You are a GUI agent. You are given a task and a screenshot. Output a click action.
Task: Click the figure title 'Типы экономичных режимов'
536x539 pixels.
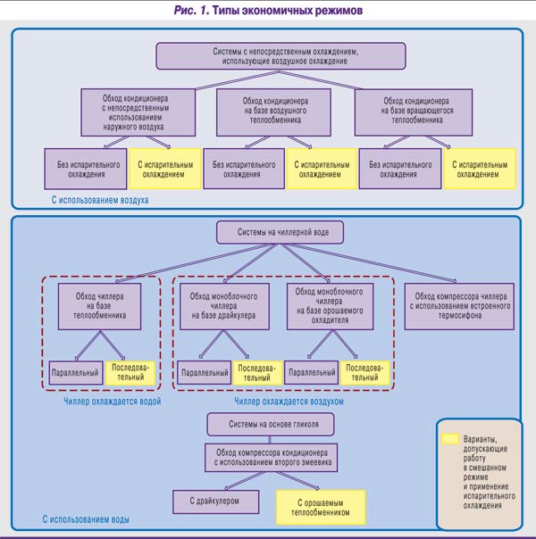point(268,12)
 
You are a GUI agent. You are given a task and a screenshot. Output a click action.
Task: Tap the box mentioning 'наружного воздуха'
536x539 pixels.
point(137,112)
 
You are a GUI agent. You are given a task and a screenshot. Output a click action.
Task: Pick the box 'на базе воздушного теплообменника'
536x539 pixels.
point(274,108)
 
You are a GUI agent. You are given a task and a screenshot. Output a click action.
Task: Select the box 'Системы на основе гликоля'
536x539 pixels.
point(270,423)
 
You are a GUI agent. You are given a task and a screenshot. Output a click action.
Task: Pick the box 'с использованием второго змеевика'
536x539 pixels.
point(270,456)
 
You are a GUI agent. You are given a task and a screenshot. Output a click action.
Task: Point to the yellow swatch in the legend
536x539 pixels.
point(451,439)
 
